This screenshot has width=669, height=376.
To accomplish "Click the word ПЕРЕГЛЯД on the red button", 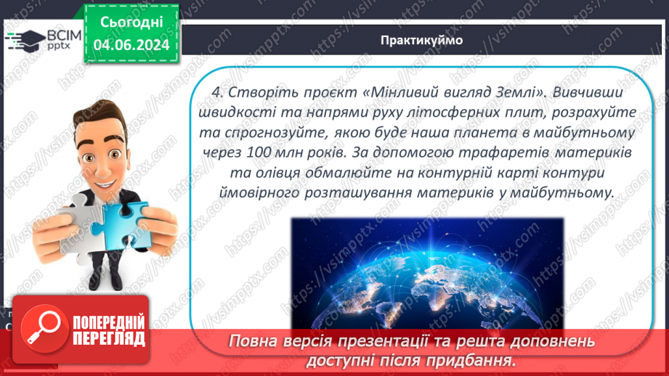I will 109,338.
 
